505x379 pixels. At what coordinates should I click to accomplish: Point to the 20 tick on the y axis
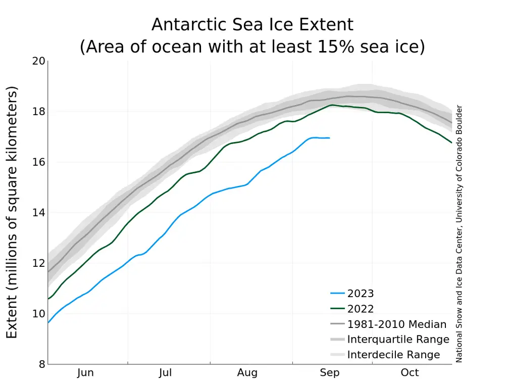point(39,61)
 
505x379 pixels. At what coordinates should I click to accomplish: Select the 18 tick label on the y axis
point(39,112)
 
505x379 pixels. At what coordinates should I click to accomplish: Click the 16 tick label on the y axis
point(39,162)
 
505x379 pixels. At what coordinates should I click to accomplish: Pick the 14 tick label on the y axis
point(39,213)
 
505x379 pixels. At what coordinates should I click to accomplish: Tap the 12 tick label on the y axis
point(39,263)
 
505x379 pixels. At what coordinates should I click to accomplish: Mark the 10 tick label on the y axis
point(39,314)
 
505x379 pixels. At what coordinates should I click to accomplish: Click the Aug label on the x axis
point(247,373)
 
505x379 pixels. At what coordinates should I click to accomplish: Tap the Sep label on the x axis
point(329,373)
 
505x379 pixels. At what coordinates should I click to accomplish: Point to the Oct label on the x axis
point(410,373)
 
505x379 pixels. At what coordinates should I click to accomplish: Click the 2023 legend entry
point(361,293)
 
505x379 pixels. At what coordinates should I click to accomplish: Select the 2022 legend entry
point(361,309)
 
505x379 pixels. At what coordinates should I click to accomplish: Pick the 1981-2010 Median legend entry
point(396,324)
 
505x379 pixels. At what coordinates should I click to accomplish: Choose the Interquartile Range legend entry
point(398,340)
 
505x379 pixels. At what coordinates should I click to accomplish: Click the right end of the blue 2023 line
point(329,137)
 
